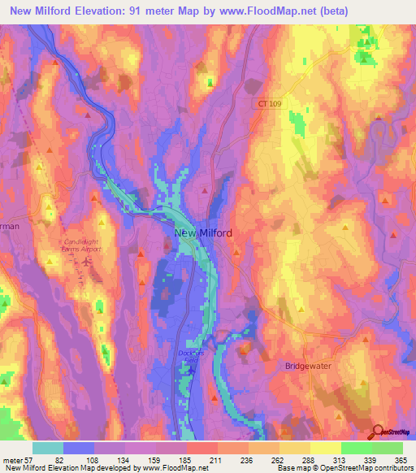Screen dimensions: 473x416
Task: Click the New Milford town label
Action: coord(203,233)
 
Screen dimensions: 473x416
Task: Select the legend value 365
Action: coord(401,460)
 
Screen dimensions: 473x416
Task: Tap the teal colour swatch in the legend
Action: coord(48,448)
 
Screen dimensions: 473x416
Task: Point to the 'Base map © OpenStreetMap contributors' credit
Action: coord(344,468)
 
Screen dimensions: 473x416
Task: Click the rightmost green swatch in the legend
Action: coord(388,448)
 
